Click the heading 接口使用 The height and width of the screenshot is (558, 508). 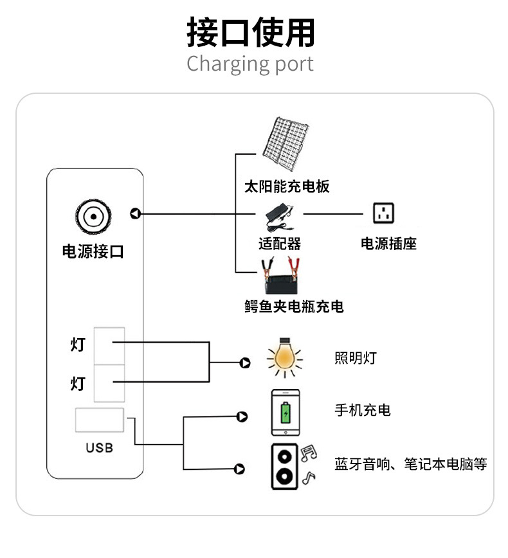pyautogui.click(x=251, y=32)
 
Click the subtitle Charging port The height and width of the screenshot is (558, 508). pyautogui.click(x=250, y=64)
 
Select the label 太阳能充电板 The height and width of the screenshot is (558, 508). pyautogui.click(x=287, y=187)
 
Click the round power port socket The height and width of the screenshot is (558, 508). pyautogui.click(x=93, y=215)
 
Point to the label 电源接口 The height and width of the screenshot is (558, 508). pyautogui.click(x=93, y=251)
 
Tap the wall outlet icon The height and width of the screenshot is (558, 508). pyautogui.click(x=384, y=213)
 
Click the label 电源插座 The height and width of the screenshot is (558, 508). pyautogui.click(x=388, y=244)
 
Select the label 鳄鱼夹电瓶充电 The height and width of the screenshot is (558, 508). pyautogui.click(x=294, y=307)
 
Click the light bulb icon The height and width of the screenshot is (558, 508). pyautogui.click(x=282, y=357)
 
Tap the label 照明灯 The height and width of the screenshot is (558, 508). pyautogui.click(x=356, y=358)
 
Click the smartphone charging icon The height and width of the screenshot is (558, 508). pyautogui.click(x=286, y=412)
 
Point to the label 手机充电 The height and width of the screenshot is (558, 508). pyautogui.click(x=363, y=410)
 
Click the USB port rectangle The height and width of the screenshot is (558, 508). pyautogui.click(x=100, y=420)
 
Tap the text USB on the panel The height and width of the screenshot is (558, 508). pyautogui.click(x=99, y=447)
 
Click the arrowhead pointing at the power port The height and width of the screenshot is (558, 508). pyautogui.click(x=135, y=213)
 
